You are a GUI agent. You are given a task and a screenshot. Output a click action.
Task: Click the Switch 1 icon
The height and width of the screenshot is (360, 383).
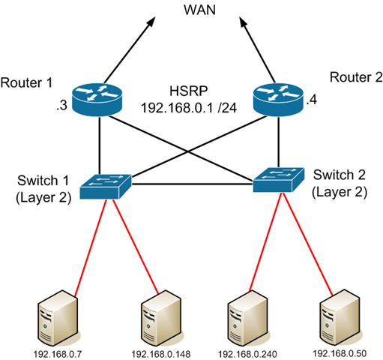pyautogui.click(x=106, y=184)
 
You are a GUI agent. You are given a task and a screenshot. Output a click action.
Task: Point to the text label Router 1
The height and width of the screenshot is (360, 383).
pyautogui.click(x=24, y=81)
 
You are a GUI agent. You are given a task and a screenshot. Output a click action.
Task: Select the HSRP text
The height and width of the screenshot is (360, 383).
pyautogui.click(x=185, y=92)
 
